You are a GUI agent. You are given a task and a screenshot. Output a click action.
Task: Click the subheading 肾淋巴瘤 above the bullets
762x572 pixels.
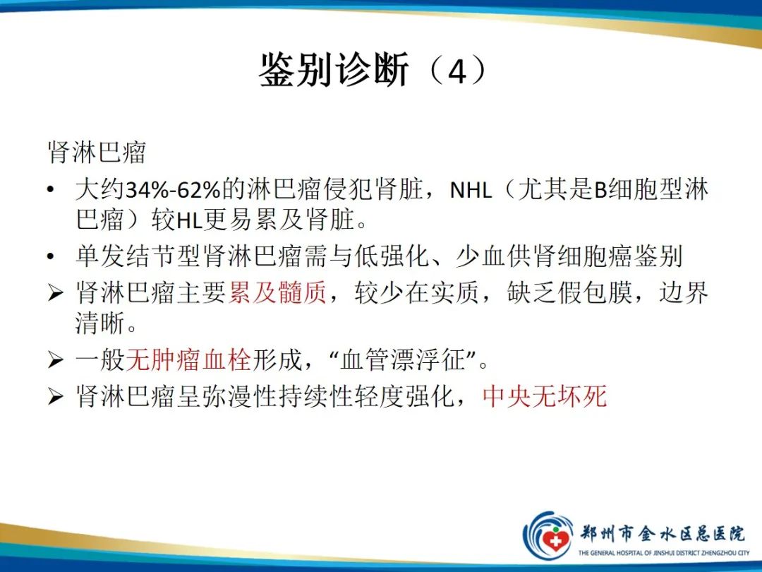[x=97, y=153]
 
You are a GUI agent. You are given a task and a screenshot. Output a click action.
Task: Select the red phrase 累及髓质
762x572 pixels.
[x=277, y=293]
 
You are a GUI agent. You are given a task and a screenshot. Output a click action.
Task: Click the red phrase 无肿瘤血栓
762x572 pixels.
[x=188, y=361]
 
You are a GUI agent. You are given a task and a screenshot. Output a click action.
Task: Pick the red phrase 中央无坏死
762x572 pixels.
[x=545, y=396]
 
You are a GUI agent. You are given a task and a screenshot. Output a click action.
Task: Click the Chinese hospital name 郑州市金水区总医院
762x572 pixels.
[x=663, y=532]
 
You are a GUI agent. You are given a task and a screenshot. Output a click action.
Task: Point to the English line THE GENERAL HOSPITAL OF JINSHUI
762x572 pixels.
[x=663, y=553]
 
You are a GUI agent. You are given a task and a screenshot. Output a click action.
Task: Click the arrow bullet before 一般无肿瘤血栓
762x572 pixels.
[x=55, y=362]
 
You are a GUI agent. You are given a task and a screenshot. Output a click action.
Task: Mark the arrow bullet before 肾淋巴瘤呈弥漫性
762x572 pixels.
[x=55, y=397]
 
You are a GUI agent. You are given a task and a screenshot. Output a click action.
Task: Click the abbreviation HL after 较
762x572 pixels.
[x=188, y=222]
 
